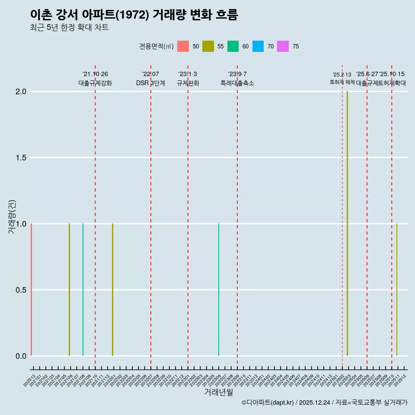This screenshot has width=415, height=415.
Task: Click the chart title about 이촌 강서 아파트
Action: click(x=134, y=15)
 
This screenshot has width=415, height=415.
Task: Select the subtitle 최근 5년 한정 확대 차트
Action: click(x=69, y=28)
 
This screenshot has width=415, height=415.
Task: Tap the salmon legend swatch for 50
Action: click(x=183, y=46)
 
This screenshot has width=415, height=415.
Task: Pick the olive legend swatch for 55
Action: click(x=208, y=46)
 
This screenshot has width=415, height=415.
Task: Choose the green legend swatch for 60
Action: click(x=233, y=46)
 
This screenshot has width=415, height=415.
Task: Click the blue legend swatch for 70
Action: click(x=258, y=46)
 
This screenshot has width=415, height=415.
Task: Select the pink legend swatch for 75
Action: click(x=283, y=46)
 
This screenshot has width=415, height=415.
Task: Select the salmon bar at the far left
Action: click(x=32, y=290)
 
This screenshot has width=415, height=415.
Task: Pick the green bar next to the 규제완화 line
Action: click(x=219, y=290)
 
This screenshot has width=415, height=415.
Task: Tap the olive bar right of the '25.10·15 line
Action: click(x=397, y=290)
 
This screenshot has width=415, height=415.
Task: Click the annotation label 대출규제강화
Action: click(x=95, y=83)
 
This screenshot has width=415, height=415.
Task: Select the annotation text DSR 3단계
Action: click(x=150, y=83)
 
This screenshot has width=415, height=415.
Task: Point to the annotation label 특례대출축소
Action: click(x=237, y=83)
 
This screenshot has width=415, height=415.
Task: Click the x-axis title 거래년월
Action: click(x=218, y=393)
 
